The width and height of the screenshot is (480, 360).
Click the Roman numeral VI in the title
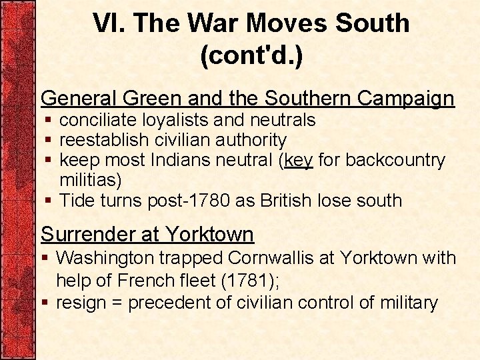point(108,23)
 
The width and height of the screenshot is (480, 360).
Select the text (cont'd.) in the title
point(251,55)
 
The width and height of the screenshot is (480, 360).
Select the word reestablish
point(104,140)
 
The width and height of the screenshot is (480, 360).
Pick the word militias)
point(91,180)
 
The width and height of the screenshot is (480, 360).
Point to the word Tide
point(78,200)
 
